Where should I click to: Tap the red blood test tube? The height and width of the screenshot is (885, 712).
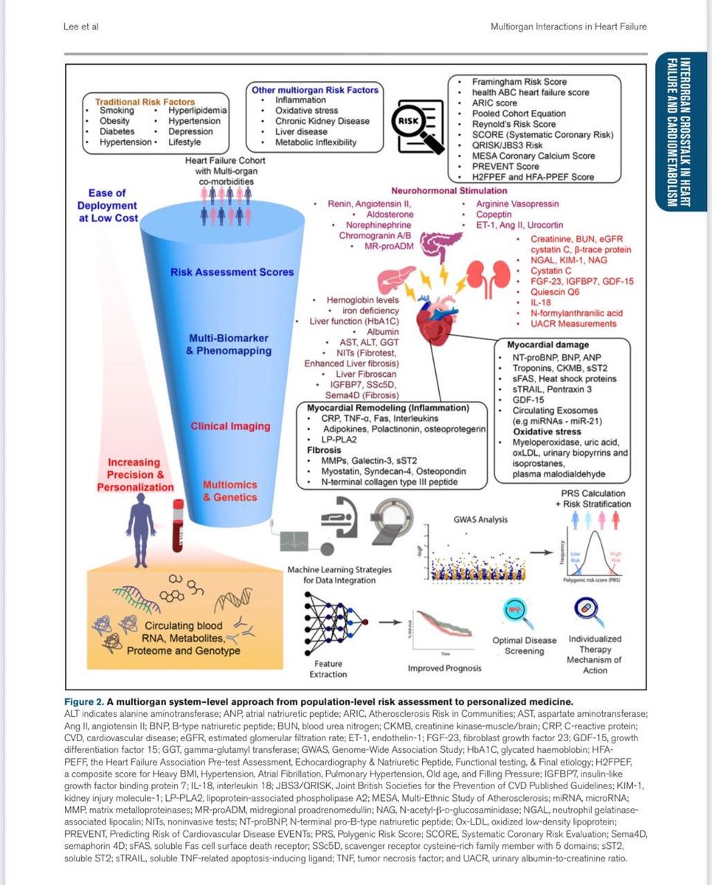click(x=176, y=527)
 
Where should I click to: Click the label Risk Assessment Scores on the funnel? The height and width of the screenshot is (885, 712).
click(x=232, y=272)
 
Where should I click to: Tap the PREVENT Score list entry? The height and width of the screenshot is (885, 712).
click(x=508, y=167)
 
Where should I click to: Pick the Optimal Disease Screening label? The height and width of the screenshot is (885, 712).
click(x=517, y=645)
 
